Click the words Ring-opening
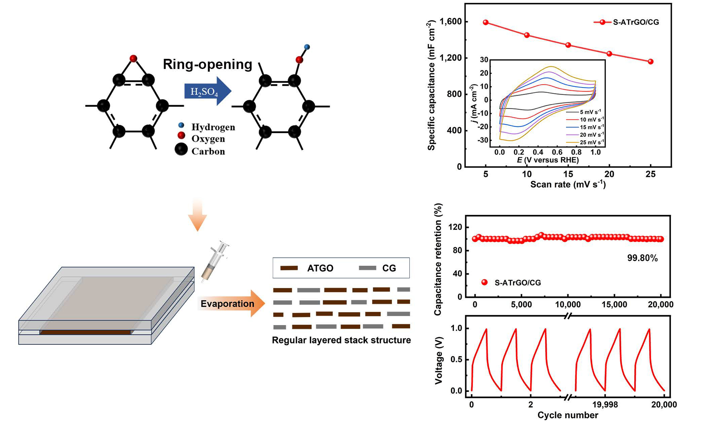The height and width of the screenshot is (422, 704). tap(207, 64)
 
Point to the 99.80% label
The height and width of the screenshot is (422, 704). tap(642, 258)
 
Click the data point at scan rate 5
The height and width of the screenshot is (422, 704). tap(486, 23)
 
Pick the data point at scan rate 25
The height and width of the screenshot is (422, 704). tap(650, 62)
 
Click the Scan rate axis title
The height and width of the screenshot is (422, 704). tap(568, 184)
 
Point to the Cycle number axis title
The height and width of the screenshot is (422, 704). tap(568, 415)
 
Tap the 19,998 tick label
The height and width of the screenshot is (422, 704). tap(605, 404)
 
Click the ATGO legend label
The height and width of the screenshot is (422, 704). tap(320, 268)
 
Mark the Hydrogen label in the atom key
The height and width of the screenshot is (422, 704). tap(213, 127)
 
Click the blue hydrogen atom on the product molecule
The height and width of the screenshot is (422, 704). tap(307, 47)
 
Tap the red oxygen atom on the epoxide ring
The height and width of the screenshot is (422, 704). tap(133, 59)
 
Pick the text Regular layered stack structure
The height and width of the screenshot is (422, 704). tap(341, 340)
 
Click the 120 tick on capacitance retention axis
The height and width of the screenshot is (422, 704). tap(455, 227)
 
